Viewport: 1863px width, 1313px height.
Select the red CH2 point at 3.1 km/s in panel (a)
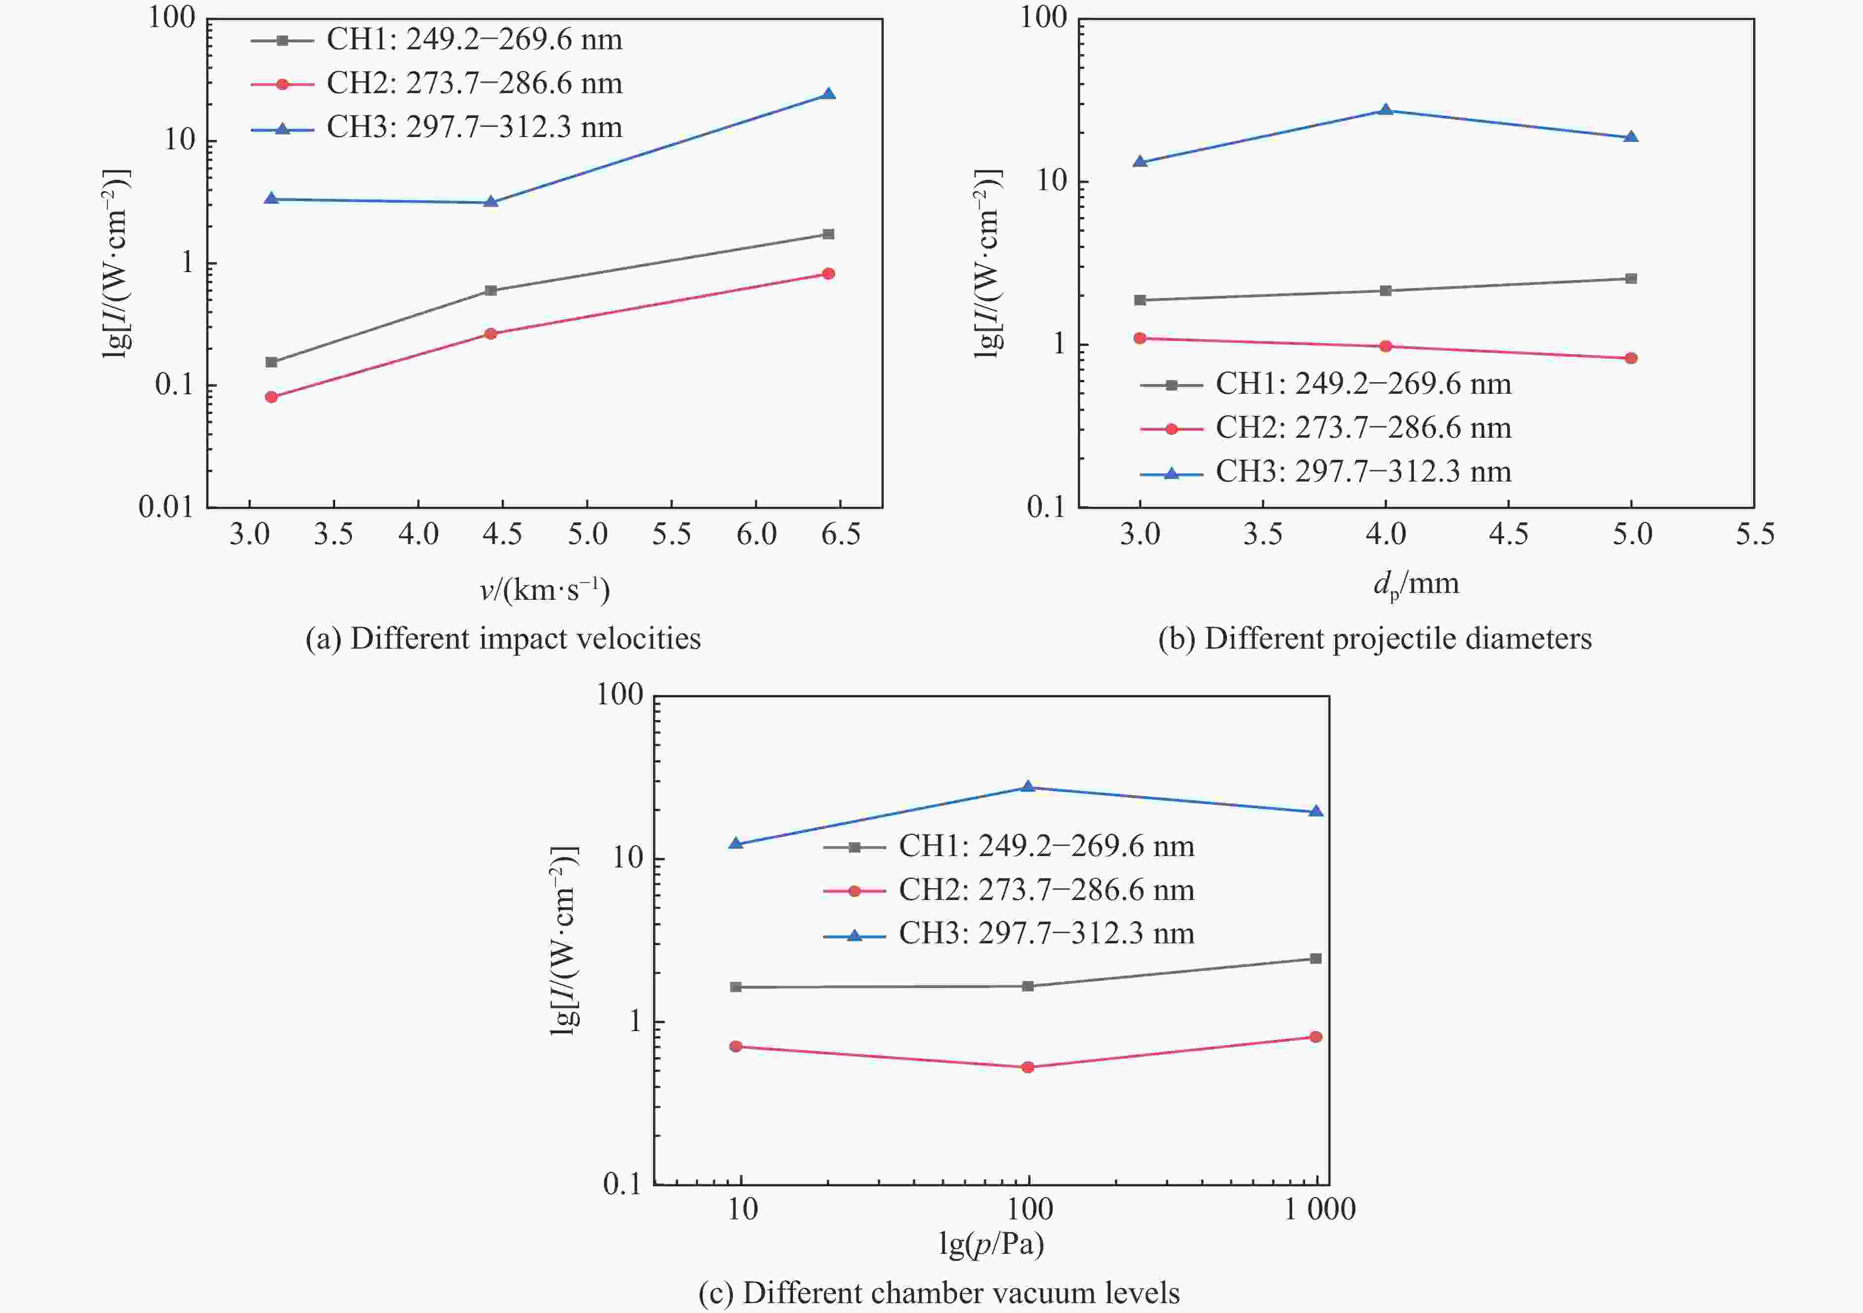click(x=271, y=397)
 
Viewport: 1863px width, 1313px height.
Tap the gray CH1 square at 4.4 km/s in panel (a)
click(x=490, y=290)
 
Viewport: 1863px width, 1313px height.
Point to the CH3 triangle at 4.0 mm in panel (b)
click(x=1386, y=109)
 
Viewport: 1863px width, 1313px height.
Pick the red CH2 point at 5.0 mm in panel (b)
click(x=1631, y=358)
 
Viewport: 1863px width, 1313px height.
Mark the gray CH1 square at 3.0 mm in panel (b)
click(x=1140, y=300)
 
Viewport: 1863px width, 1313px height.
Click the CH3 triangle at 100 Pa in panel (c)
click(x=1027, y=786)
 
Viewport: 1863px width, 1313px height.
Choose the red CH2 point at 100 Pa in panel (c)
click(x=1027, y=1067)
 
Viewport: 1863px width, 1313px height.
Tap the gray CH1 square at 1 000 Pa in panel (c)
click(x=1316, y=958)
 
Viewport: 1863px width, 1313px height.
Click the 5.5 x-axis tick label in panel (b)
click(x=1754, y=534)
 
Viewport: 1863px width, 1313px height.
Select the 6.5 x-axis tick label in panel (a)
click(x=841, y=534)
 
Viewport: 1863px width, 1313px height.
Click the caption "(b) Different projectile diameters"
click(x=1375, y=639)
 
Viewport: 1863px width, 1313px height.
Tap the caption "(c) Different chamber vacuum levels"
click(x=939, y=1292)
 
